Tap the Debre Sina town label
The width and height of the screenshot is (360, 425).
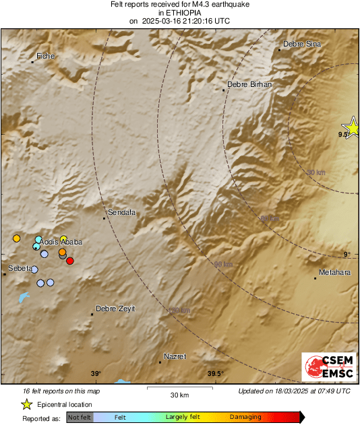[302, 44]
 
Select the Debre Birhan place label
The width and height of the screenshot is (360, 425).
[249, 84]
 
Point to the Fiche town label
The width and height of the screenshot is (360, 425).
[44, 56]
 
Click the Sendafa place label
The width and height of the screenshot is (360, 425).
[122, 212]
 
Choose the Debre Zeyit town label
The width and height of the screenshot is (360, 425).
[115, 308]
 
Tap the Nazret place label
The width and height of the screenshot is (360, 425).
[175, 356]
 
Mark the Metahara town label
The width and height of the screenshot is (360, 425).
[334, 273]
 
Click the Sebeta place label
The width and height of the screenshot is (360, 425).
[19, 268]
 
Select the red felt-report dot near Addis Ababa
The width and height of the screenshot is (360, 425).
[70, 261]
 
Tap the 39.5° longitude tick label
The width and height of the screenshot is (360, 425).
[215, 374]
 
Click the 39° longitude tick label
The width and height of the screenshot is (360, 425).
[96, 374]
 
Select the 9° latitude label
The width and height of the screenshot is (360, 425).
[347, 254]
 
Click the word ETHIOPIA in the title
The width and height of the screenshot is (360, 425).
[179, 12]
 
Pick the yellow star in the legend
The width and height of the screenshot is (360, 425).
[26, 404]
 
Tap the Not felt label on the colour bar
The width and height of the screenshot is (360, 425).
[80, 418]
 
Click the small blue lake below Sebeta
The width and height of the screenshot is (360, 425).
[24, 296]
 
